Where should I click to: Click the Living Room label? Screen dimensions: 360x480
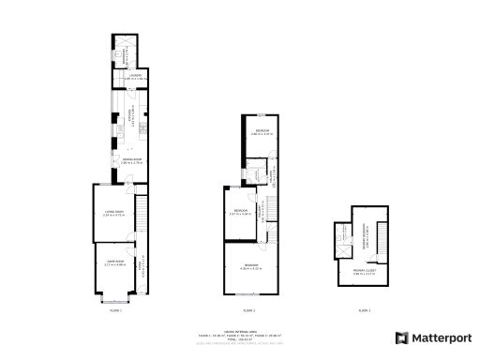(113, 215)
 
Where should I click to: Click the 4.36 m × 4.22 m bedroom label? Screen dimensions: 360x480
(251, 266)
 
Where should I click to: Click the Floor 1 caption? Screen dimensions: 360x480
(115, 308)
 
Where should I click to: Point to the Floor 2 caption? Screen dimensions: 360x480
(249, 308)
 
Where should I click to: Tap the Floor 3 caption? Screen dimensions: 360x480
(364, 308)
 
